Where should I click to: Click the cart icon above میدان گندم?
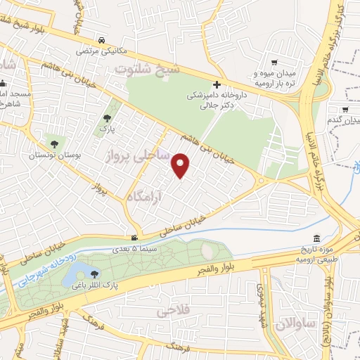(345, 110)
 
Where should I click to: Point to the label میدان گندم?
(342, 121)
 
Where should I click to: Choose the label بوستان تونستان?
(52, 157)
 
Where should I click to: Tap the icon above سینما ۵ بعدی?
(135, 238)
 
